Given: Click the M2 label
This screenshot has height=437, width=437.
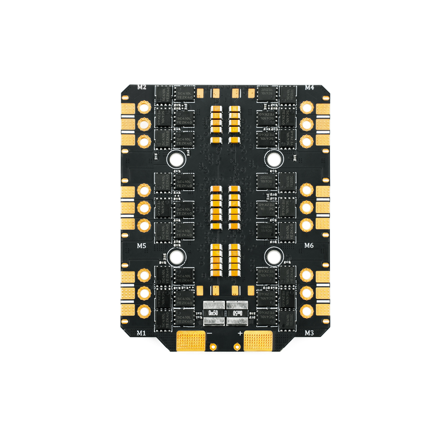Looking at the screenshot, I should (x=142, y=87).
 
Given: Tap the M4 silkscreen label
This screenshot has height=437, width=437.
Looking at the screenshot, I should (x=309, y=87).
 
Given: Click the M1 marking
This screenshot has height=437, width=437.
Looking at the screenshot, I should (x=141, y=333).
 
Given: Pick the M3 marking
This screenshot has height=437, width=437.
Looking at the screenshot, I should (x=309, y=333).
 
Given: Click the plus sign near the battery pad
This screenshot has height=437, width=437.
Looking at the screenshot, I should (x=240, y=333).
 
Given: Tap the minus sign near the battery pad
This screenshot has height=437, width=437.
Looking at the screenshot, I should (x=210, y=333).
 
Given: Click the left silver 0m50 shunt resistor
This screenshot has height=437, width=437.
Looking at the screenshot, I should (x=213, y=313).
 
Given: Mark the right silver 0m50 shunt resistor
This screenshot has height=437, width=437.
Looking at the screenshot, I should (x=236, y=313).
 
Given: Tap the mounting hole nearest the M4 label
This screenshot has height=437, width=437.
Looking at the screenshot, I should (x=274, y=159).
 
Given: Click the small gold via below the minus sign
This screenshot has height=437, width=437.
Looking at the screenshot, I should (x=212, y=348).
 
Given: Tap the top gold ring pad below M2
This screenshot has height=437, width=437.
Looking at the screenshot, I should (x=143, y=107).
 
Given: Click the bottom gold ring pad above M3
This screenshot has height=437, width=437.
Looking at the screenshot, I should (x=307, y=311).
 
